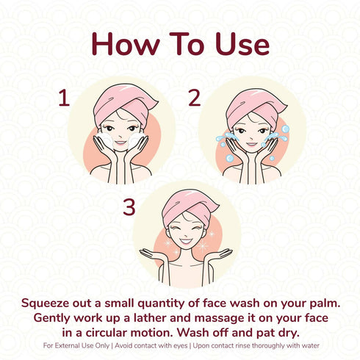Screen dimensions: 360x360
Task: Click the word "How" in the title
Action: (126, 44)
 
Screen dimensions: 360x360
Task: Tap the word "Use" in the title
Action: (242, 44)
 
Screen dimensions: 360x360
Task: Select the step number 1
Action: (64, 98)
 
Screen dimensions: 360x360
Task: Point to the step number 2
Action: (195, 98)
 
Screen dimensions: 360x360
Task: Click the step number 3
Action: (129, 207)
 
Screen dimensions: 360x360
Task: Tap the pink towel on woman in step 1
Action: (123, 103)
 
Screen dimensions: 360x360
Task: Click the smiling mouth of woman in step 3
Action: (186, 241)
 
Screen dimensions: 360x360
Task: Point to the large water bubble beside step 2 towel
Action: (285, 129)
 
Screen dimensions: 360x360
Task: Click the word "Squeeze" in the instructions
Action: (45, 303)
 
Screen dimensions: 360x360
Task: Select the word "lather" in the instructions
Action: (150, 318)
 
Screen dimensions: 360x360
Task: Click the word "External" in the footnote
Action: (66, 346)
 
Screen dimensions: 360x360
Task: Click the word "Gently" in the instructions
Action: (52, 318)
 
